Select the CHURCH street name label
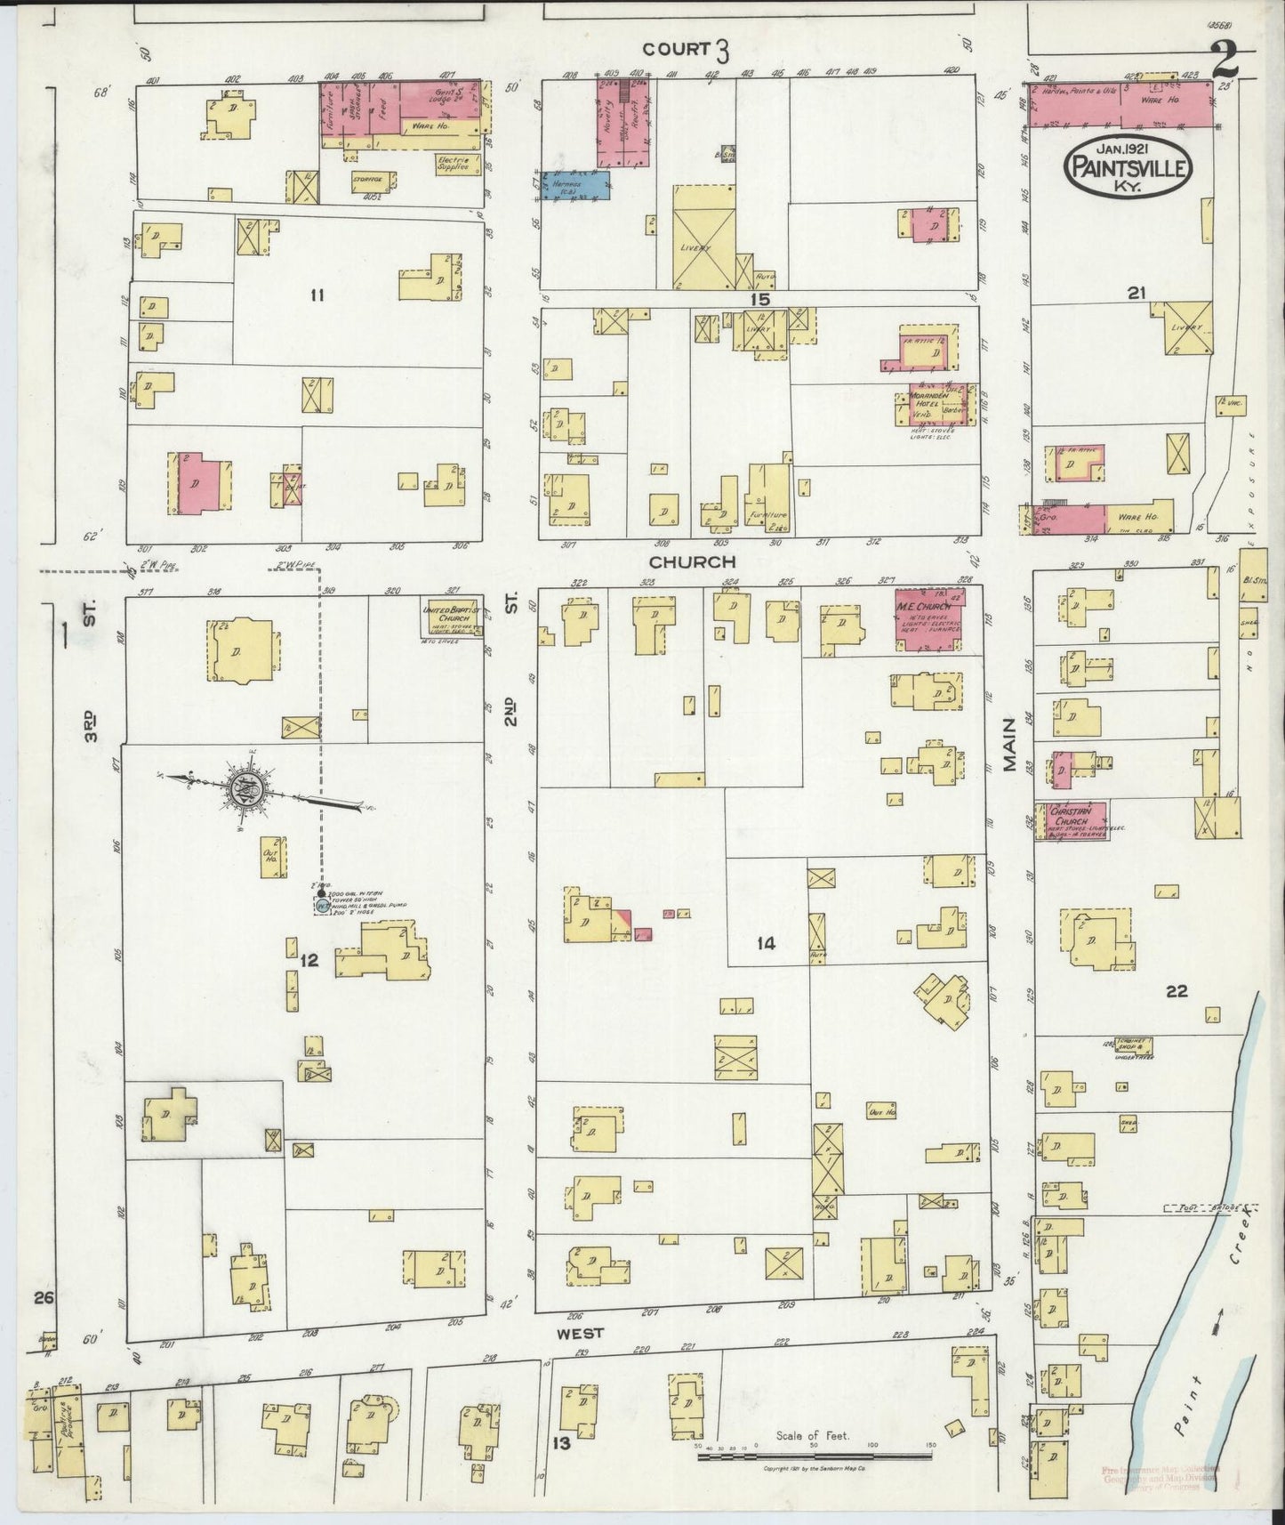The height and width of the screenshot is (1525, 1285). [692, 562]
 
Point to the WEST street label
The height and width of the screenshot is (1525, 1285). [581, 1333]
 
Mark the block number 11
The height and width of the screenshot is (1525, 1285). [317, 295]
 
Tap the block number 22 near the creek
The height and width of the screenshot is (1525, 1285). [1176, 992]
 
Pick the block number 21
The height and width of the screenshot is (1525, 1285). [1136, 292]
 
